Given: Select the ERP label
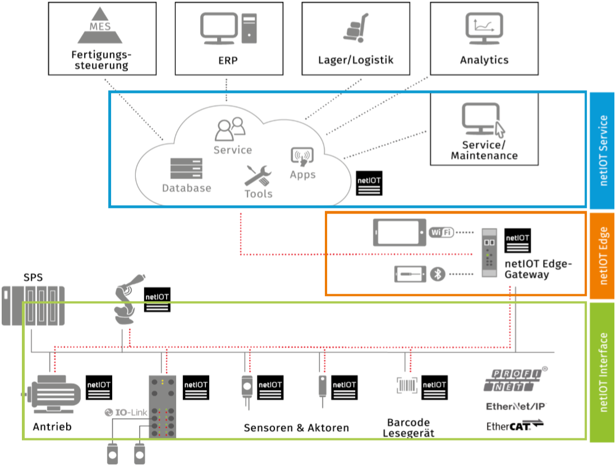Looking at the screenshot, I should pos(228,60).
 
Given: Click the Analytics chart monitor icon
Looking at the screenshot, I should pos(483,29).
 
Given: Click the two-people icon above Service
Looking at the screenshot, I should pos(231,129).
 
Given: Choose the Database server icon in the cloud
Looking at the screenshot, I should pos(186,169).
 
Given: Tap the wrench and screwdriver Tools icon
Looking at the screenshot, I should pos(258,175).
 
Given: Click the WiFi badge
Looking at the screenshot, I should pos(441,232).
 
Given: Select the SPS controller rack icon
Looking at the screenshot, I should pos(34,306).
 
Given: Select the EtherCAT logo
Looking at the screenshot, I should pos(515,427).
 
